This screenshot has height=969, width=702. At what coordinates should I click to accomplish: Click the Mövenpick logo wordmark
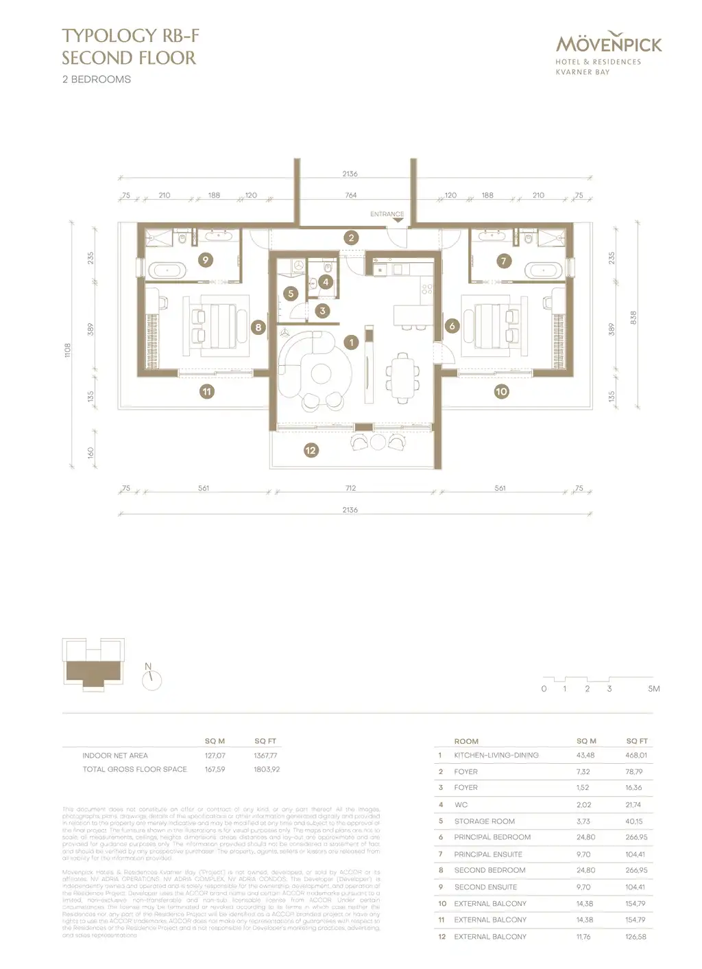point(609,45)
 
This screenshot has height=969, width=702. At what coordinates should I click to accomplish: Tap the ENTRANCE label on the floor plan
point(387,214)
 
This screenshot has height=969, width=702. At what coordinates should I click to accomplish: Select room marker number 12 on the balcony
point(311,450)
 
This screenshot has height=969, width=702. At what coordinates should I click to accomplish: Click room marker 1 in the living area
point(351,342)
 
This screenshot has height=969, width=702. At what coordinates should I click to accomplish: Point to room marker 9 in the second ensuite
point(204,259)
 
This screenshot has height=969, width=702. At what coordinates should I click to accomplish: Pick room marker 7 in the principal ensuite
point(504,261)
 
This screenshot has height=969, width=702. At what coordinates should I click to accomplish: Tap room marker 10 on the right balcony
point(501,391)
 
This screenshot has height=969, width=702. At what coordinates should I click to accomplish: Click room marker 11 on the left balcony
point(206,391)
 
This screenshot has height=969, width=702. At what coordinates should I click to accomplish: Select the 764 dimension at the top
point(350,196)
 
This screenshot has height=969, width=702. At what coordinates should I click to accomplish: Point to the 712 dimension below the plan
point(350,489)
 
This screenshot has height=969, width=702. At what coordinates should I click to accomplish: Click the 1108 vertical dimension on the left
point(68,350)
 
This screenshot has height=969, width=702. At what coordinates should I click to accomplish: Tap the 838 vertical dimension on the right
point(633,318)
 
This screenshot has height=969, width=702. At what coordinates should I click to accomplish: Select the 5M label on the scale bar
point(653,688)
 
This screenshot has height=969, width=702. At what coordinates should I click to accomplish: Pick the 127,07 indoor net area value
point(215,756)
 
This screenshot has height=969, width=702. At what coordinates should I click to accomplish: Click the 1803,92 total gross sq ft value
point(267,769)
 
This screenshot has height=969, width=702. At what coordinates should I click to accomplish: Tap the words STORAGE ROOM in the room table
point(484,821)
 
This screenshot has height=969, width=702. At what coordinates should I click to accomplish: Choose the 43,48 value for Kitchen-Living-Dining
point(586,755)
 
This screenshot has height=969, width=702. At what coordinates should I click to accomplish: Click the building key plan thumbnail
point(93,662)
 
